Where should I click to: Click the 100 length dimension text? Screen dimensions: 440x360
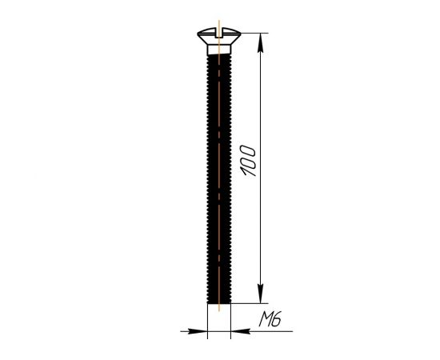tap(248, 161)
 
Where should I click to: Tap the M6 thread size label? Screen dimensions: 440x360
tap(270, 319)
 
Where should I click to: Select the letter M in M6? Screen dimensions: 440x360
tap(265, 319)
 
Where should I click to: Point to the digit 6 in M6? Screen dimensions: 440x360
tap(277, 319)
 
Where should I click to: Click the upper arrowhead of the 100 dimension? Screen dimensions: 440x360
tap(261, 42)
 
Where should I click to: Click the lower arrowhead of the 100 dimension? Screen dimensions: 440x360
tap(261, 294)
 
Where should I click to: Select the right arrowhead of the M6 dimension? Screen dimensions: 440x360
tap(240, 331)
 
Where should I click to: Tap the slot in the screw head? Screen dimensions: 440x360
tap(219, 33)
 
